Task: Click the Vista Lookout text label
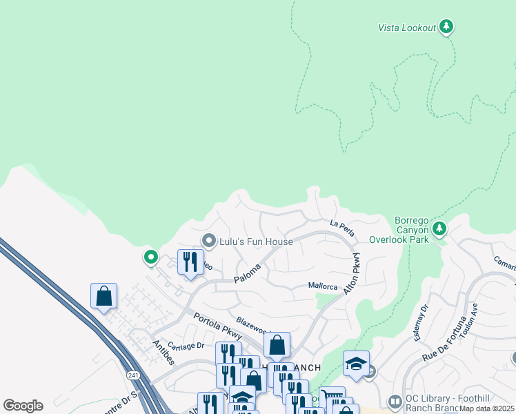click(407, 28)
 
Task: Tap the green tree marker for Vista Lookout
click(446, 27)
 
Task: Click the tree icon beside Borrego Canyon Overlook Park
click(439, 228)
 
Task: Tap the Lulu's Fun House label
click(257, 241)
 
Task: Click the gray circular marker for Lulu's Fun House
click(209, 241)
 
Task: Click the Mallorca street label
click(322, 286)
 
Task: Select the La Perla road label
click(342, 228)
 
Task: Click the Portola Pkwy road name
click(217, 326)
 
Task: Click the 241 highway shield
click(132, 375)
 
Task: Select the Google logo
click(23, 406)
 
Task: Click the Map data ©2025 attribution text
click(487, 408)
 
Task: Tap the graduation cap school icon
click(356, 364)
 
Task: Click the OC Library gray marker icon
click(394, 401)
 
